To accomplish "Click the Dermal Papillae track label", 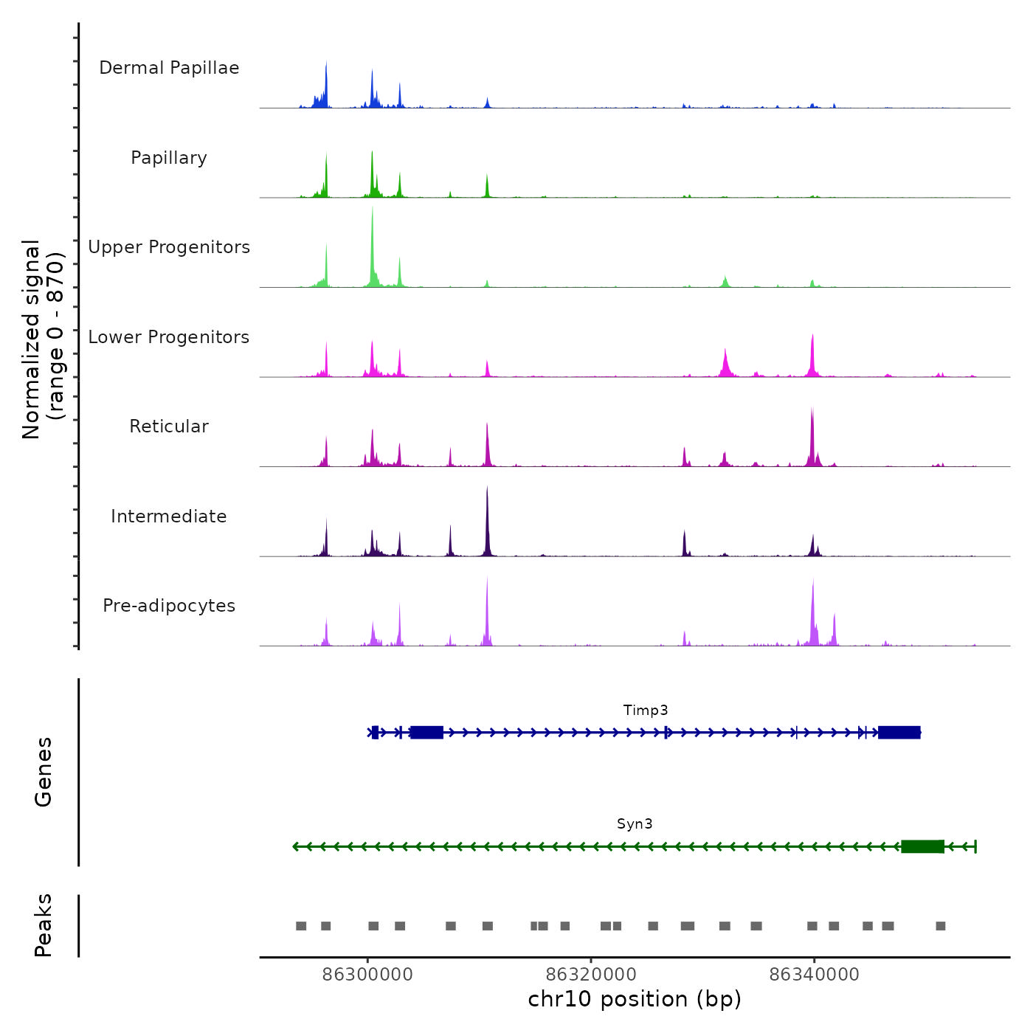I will pos(169,68).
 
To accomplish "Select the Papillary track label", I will pos(169,158).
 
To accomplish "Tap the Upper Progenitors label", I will pos(169,247).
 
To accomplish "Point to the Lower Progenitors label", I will pos(169,337).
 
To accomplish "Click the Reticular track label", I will pos(169,426).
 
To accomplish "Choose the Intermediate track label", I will pos(169,516).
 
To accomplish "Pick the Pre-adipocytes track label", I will pos(169,606).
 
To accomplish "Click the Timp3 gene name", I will pos(646,711).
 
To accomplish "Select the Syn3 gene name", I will pos(635,824).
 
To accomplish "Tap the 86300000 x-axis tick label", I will pos(368,975).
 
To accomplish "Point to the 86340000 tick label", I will pos(814,975).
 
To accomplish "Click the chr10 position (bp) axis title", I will pos(635,1000).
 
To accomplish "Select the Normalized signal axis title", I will pos(43,339).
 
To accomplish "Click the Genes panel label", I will pos(44,772).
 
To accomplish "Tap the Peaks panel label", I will pos(44,925).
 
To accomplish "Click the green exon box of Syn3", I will pos(922,846).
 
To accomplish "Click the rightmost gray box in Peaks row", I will pos(940,926).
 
